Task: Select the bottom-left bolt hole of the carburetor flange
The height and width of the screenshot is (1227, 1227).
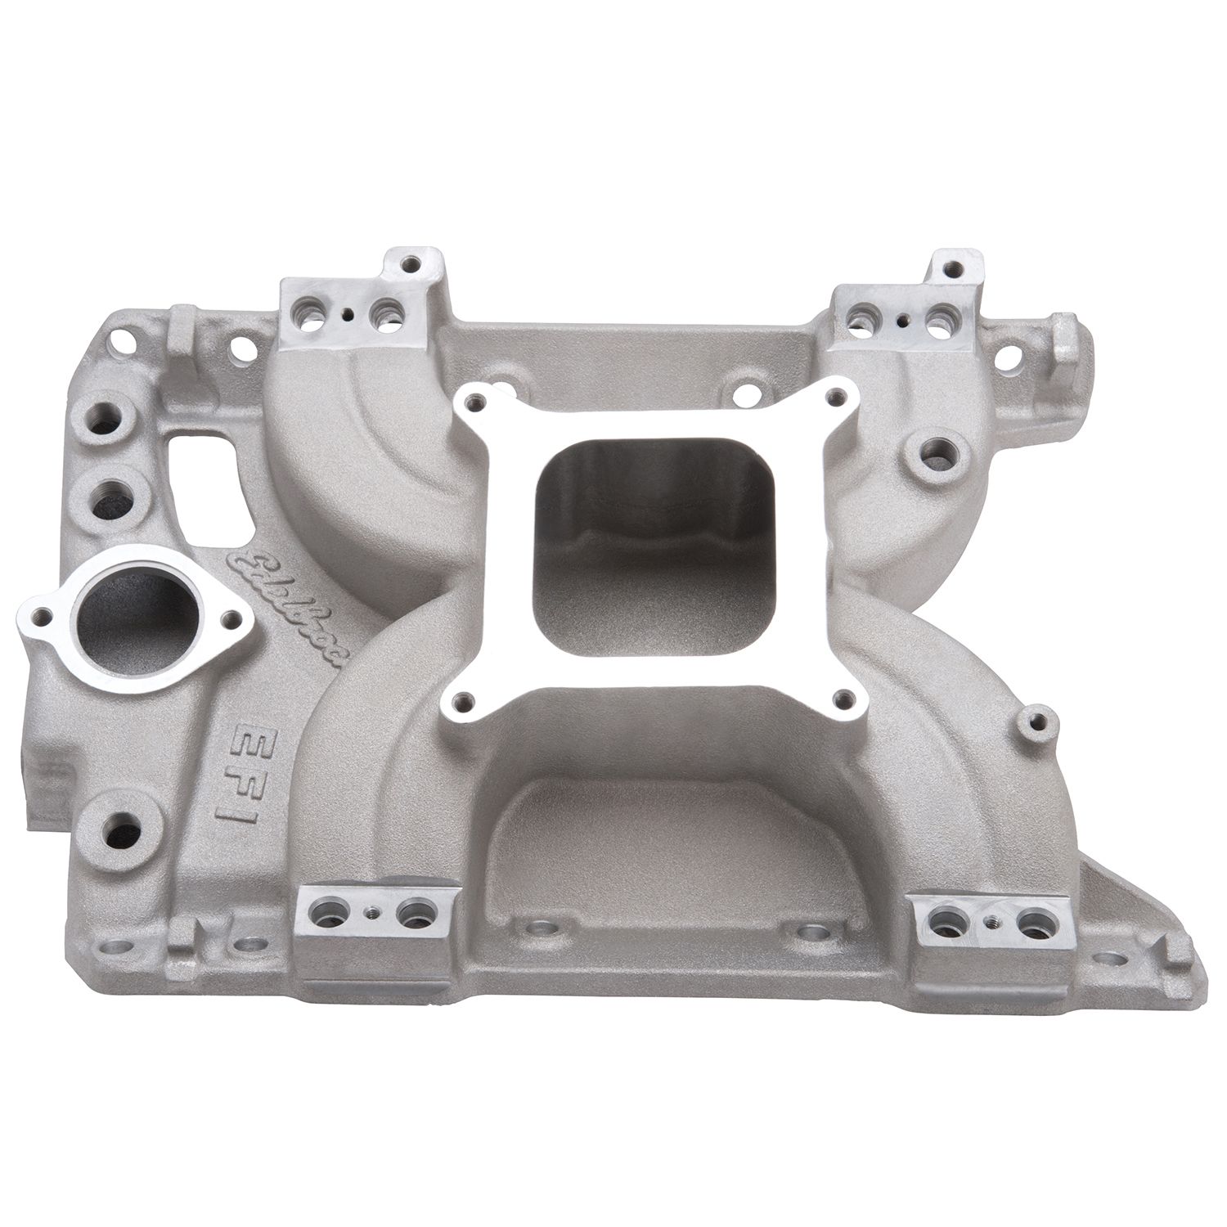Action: coord(465,699)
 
